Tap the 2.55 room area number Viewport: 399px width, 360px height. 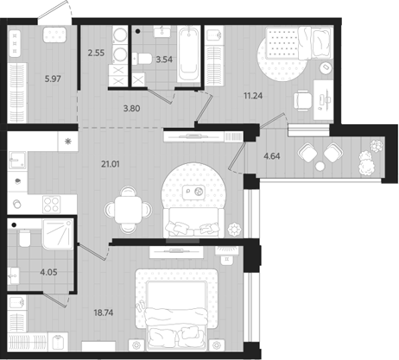(98, 54)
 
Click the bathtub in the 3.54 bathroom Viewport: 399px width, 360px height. (188, 54)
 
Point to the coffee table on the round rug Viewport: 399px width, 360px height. (199, 192)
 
